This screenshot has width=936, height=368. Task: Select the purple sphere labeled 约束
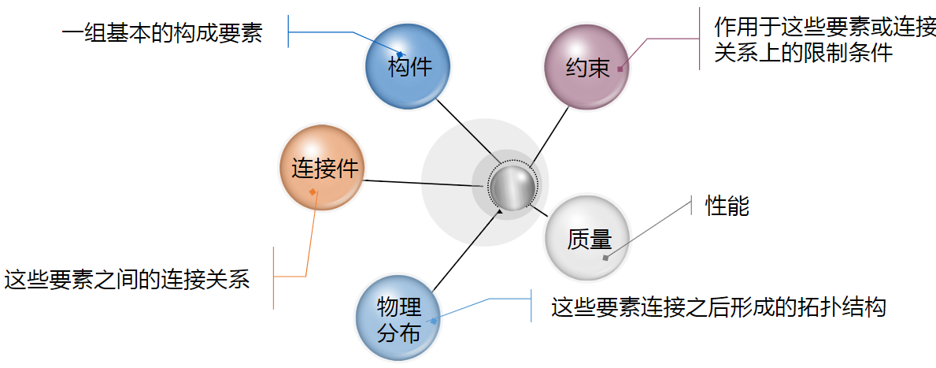pos(586,68)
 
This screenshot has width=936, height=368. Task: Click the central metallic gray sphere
pos(512,187)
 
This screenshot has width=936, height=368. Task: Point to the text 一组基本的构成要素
pos(162,34)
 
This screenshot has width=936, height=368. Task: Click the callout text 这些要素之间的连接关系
pos(127,279)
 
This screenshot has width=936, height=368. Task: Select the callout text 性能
pos(727,206)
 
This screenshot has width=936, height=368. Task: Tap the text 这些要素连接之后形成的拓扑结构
pos(719,307)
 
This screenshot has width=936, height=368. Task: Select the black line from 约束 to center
pos(550,137)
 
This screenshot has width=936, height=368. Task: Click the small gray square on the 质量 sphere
pos(605,258)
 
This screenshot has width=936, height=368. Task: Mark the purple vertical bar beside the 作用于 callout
pos(698,39)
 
